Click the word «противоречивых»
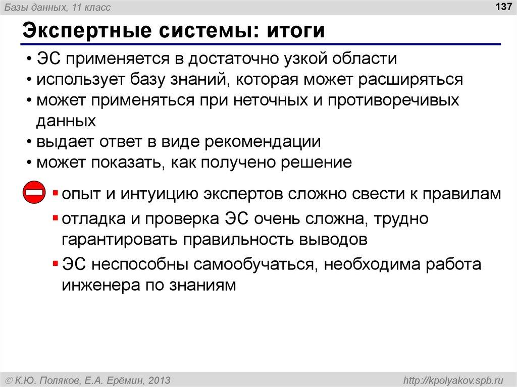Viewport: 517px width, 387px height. (394, 100)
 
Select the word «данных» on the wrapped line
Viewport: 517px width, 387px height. (66, 121)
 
